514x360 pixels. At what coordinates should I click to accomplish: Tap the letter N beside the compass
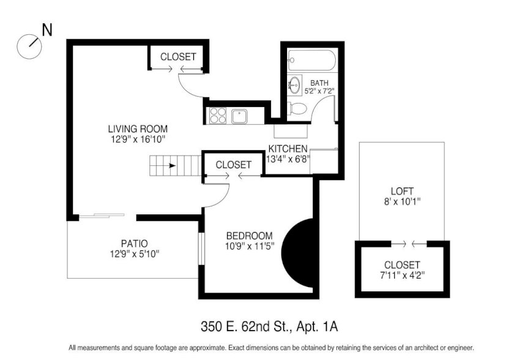(x=47, y=30)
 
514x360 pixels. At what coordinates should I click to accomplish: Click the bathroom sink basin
(x=294, y=85)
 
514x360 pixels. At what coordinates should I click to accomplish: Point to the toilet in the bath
(x=296, y=108)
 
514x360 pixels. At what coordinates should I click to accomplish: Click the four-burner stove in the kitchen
(x=218, y=116)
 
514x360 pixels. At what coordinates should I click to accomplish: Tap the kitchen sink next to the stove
(x=239, y=116)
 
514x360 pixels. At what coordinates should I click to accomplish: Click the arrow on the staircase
(x=172, y=165)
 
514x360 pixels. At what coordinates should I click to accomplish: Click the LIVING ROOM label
(x=138, y=129)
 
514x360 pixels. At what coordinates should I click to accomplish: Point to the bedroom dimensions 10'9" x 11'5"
(x=250, y=246)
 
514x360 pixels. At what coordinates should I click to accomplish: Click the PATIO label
(x=135, y=244)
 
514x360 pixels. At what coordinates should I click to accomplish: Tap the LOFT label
(x=402, y=191)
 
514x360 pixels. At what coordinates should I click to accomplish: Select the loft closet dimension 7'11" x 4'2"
(x=402, y=276)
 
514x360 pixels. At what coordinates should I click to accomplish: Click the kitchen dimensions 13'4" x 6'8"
(x=288, y=159)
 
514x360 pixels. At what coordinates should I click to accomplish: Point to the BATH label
(x=319, y=83)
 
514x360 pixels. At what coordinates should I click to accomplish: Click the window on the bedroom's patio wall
(x=201, y=248)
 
